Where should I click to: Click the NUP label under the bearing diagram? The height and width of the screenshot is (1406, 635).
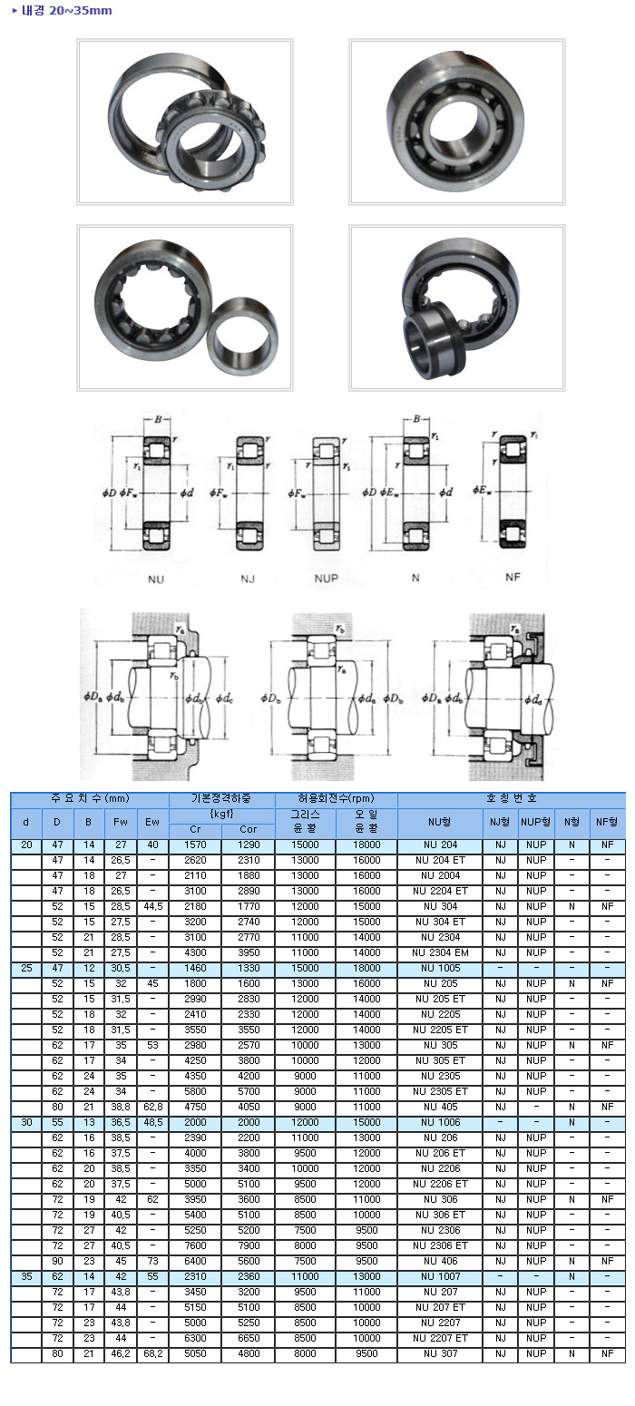(328, 577)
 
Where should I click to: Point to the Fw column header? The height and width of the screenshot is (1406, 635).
(120, 822)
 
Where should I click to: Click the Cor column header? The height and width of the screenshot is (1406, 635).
(249, 829)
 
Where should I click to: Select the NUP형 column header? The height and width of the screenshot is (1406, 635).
(536, 822)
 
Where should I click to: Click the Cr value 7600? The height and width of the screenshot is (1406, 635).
(195, 1245)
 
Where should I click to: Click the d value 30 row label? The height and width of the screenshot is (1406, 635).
(26, 1122)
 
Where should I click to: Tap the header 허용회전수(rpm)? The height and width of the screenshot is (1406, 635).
(336, 799)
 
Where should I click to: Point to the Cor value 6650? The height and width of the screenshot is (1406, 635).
(249, 1338)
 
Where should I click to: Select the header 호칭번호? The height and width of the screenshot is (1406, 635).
(512, 799)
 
